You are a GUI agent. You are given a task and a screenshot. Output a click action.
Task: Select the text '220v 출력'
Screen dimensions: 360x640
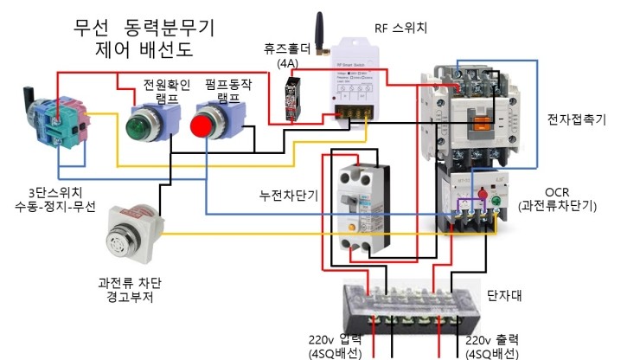point(492,339)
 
